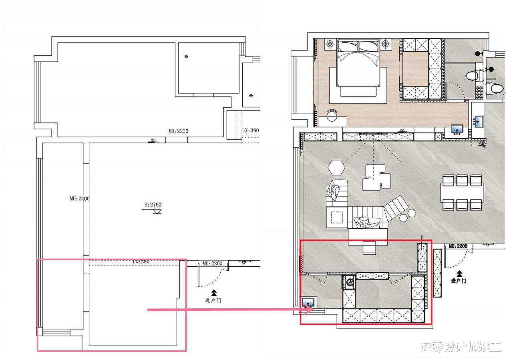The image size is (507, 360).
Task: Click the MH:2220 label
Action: [178, 131]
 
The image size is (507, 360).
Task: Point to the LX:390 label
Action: [251, 130]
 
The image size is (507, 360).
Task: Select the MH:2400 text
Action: [80, 199]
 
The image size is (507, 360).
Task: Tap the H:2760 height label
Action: [153, 205]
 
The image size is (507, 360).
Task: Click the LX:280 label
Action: [141, 261]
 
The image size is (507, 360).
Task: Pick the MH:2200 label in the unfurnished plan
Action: [213, 263]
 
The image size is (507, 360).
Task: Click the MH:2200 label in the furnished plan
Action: [458, 246]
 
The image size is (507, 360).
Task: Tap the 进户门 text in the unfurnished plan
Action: [213, 300]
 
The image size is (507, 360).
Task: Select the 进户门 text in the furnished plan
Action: [458, 281]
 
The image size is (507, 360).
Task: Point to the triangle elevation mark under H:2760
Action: [157, 212]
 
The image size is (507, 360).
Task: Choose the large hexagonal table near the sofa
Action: [336, 167]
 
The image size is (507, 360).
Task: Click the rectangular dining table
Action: [462, 192]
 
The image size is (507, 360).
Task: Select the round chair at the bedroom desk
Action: [332, 115]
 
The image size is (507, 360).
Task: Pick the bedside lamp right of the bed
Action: [385, 43]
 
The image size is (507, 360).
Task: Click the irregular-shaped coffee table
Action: [376, 177]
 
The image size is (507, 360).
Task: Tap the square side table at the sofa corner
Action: [336, 217]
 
